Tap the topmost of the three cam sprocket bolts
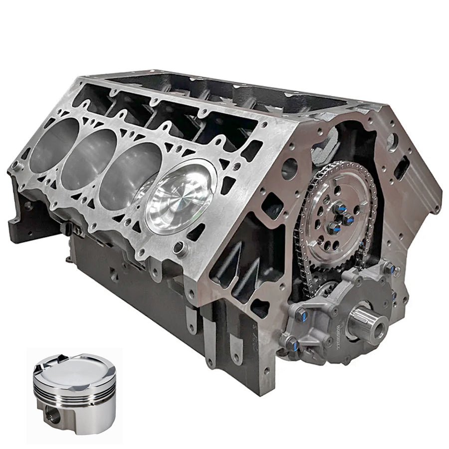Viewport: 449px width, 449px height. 340,206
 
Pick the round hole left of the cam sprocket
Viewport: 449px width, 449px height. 289,169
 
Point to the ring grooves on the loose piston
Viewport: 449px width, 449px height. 75,392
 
